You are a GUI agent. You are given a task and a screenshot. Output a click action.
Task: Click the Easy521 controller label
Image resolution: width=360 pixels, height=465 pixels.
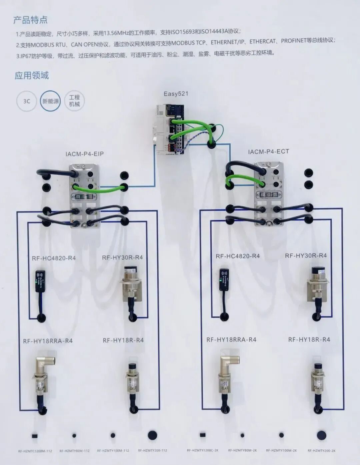coord(176,94)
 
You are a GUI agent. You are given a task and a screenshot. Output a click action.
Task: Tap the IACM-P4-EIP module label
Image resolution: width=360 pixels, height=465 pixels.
coord(84,154)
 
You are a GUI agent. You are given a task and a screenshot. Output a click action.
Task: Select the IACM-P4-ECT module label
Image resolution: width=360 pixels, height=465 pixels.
coord(268,152)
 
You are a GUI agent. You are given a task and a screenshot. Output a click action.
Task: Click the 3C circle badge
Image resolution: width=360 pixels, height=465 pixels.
coord(27,101)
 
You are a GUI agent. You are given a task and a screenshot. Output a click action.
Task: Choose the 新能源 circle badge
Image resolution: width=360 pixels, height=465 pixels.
coord(51,101)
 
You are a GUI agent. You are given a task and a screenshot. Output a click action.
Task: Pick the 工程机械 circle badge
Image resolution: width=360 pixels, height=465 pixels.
coord(74,101)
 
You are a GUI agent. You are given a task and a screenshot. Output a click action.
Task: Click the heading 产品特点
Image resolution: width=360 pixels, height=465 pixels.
coord(30,20)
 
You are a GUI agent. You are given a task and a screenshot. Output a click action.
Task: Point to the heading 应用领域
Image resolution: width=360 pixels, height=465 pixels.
coord(32,75)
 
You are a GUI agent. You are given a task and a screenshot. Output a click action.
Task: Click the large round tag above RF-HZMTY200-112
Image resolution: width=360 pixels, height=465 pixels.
coord(153,435)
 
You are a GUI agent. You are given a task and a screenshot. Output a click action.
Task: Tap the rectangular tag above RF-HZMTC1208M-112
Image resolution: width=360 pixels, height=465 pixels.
coord(34,436)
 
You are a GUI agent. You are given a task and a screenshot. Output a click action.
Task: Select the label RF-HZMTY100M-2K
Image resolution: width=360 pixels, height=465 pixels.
coord(281,451)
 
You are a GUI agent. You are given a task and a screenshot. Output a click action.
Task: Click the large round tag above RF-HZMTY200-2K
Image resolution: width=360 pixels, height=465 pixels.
coord(321,435)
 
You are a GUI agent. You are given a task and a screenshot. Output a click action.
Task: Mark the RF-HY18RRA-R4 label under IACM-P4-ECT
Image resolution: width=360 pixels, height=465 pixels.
coord(231,340)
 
